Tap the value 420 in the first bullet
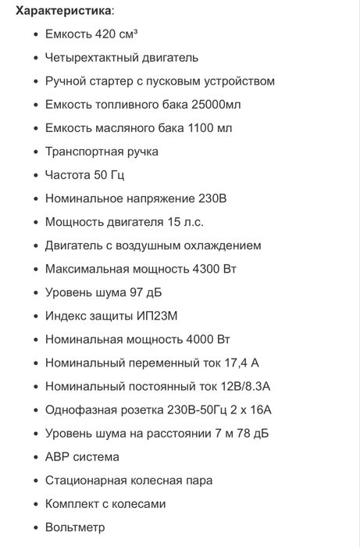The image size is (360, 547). point(105,34)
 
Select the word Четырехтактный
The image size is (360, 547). point(91,58)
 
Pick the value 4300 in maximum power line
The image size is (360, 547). point(208,269)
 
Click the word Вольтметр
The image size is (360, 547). point(75,527)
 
